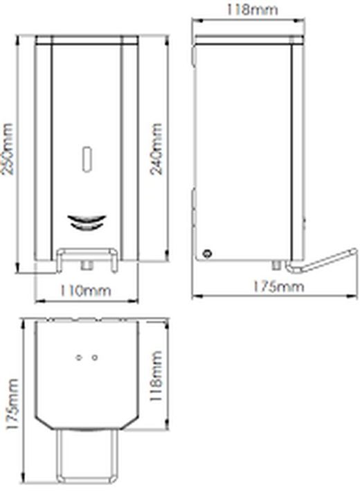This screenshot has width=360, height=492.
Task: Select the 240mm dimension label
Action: click(158, 149)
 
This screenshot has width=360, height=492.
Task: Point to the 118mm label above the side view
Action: click(251, 9)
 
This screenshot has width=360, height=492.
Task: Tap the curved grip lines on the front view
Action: click(86, 222)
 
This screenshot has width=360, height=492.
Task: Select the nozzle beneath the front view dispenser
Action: click(86, 264)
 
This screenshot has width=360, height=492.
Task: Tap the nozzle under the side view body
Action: click(278, 264)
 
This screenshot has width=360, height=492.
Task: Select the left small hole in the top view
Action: click(78, 358)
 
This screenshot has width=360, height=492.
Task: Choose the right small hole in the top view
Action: click(94, 358)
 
